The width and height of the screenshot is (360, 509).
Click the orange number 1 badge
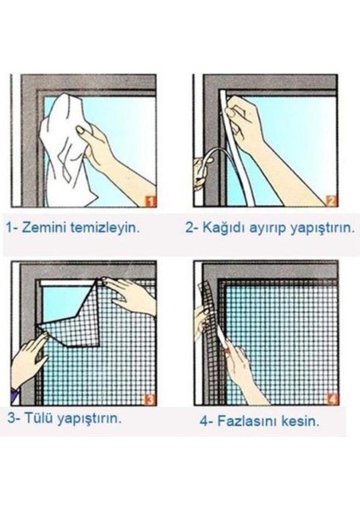pos(150,202)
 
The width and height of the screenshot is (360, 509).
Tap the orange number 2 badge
pos(331,202)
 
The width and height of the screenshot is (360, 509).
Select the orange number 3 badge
pos(150,398)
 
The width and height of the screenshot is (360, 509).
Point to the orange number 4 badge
pos(331,398)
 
